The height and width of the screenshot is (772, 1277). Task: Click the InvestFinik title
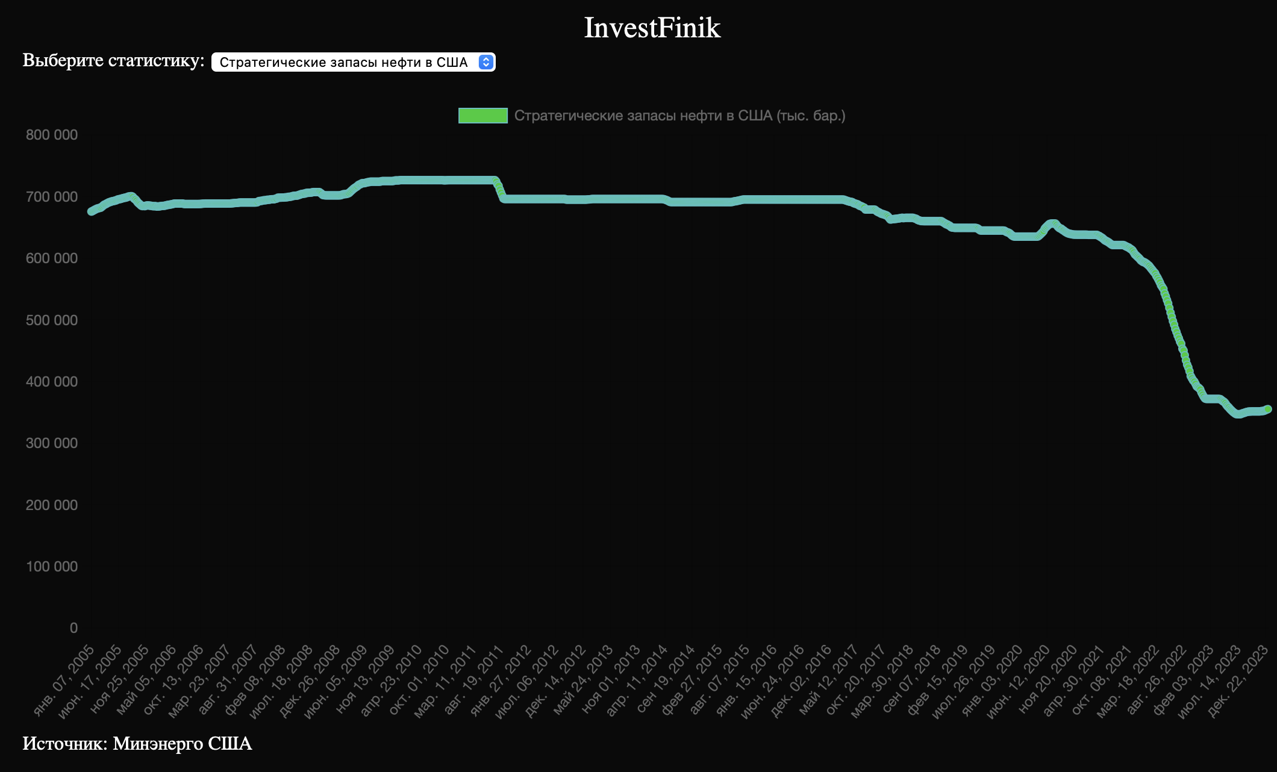652,28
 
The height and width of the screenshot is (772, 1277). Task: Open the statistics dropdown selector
343,62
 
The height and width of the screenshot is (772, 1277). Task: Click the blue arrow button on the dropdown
486,62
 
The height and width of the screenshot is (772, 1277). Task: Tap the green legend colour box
482,116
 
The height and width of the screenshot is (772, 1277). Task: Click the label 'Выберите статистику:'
113,61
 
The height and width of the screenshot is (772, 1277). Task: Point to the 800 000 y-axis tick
52,135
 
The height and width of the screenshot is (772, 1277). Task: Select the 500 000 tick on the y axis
52,320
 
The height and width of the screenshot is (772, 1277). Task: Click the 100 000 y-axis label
52,567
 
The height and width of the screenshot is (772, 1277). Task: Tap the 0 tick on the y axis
73,628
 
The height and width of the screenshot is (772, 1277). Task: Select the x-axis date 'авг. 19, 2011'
474,679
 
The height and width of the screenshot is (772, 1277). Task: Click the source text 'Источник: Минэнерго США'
137,744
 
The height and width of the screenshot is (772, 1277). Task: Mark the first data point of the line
92,211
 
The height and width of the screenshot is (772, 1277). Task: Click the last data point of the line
1267,409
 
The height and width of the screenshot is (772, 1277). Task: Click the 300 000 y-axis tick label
52,443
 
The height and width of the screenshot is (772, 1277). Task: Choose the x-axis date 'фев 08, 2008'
255,679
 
